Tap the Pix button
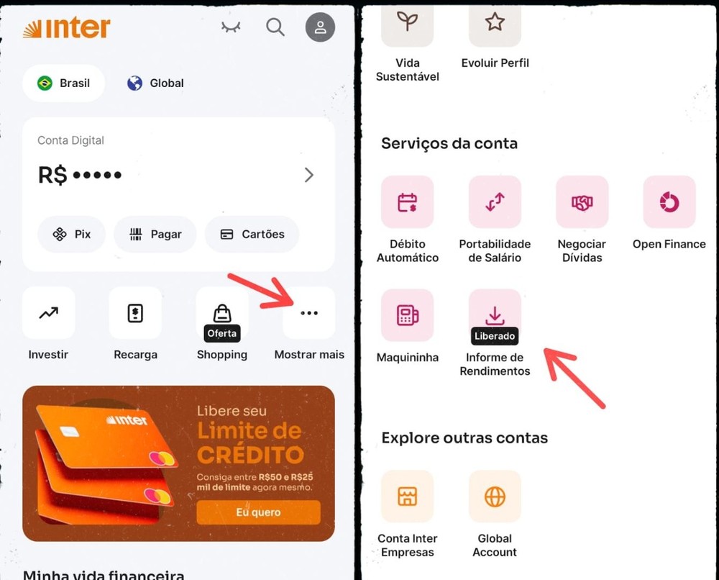coord(71,235)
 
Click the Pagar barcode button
coord(155,235)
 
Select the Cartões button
coord(252,235)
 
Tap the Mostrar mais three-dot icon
coord(308,313)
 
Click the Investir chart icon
coord(49,313)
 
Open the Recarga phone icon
coord(135,313)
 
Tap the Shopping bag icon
coord(222,313)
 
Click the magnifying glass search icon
coord(275,27)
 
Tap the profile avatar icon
coord(320,27)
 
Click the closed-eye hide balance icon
coord(231,27)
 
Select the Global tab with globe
coord(155,83)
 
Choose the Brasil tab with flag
coord(64,83)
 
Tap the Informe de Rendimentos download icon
coord(495,315)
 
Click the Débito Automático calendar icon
coord(408,202)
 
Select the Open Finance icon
coord(669,202)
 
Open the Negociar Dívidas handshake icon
coord(582,202)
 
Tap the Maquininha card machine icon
coord(408,315)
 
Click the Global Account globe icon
coord(495,497)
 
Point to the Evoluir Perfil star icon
coord(495,23)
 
